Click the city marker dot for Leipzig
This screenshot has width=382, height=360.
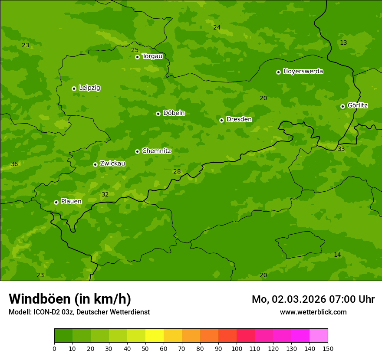point(74,88)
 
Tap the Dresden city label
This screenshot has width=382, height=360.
point(239,119)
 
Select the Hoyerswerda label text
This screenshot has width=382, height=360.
point(303,71)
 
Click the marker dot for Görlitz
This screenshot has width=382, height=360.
point(342,106)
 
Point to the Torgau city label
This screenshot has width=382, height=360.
point(152,56)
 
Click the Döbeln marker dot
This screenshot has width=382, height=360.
point(158,114)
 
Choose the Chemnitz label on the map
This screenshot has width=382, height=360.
point(156,151)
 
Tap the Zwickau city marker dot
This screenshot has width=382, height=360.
point(95,164)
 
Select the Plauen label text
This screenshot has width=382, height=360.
point(71,201)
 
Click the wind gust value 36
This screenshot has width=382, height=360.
point(14,164)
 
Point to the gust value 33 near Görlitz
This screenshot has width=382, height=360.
point(341,149)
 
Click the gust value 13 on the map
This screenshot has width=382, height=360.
point(343,43)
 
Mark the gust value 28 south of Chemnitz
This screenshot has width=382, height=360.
point(177,171)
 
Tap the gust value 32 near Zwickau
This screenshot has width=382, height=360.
point(105,194)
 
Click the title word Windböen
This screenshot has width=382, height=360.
point(39,299)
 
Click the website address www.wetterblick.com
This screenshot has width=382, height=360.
point(313,312)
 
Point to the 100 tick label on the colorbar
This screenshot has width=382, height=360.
point(237,348)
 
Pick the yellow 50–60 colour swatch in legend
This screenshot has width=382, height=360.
point(155,336)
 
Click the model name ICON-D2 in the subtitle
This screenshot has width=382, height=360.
point(47,312)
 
